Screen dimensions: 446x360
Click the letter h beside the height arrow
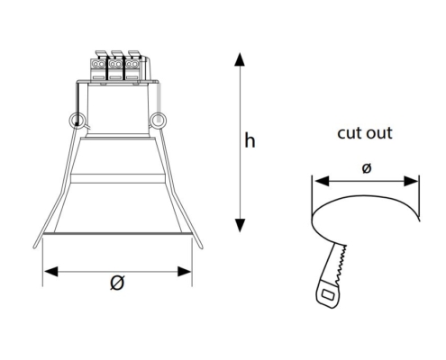[250, 140]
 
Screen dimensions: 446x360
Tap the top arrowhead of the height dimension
[240, 59]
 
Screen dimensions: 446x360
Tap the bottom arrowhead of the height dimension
[240, 225]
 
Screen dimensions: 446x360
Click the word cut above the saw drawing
[349, 133]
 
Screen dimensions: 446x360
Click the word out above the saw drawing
[379, 133]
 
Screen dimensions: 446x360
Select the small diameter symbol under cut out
[367, 168]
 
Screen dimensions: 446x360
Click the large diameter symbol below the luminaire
[117, 283]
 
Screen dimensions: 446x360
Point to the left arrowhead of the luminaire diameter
[50, 272]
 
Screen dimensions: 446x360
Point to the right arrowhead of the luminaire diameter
[185, 272]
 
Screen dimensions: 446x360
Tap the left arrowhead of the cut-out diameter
[322, 181]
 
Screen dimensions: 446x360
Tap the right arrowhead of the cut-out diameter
[411, 181]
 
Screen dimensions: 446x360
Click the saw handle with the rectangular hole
[327, 295]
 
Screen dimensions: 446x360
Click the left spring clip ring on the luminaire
[77, 121]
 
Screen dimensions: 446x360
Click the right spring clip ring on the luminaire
[158, 120]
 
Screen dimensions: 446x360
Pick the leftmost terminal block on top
[98, 66]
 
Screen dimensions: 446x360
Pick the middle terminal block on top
[115, 66]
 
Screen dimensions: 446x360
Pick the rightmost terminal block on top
[132, 66]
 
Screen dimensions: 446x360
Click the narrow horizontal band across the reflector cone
[117, 178]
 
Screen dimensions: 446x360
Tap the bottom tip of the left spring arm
[34, 247]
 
